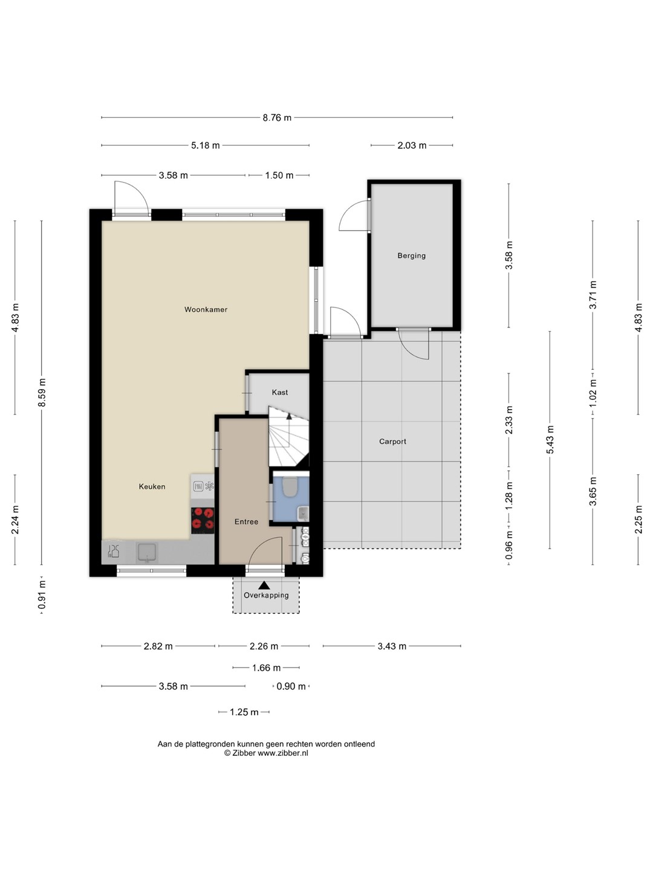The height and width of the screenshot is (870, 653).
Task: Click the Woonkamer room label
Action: [x=206, y=309]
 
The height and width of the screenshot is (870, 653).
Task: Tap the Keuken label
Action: [x=152, y=486]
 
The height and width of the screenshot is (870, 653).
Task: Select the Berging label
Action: [x=412, y=256]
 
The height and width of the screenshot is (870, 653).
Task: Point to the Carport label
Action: [x=392, y=442]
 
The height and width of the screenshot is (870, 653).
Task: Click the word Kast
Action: [x=280, y=392]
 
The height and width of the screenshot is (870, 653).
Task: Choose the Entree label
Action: [x=246, y=521]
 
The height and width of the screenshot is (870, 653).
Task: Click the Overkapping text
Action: [x=266, y=595]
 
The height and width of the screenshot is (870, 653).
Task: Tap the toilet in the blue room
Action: [x=291, y=487]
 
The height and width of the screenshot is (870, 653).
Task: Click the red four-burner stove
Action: [x=203, y=520]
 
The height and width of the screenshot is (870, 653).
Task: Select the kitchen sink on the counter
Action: [x=147, y=553]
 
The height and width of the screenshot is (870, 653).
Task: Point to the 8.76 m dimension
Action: [x=277, y=118]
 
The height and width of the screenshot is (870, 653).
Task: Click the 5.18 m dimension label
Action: [x=206, y=146]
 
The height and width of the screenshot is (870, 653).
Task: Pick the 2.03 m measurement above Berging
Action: [x=412, y=146]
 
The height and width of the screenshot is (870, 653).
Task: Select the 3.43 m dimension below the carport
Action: [x=392, y=646]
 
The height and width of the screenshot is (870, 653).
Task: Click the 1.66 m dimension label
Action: [x=267, y=668]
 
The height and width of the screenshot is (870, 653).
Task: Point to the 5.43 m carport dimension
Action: [x=550, y=440]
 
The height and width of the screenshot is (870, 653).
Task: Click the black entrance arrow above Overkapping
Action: [x=264, y=585]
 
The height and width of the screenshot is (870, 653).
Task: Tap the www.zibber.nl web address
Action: [x=283, y=753]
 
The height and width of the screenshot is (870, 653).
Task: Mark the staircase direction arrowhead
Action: [x=289, y=416]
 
